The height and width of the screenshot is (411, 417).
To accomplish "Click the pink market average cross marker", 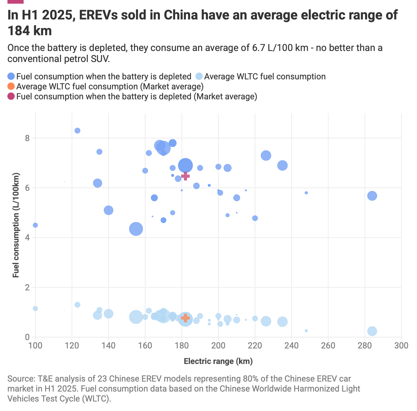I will coord(185,176).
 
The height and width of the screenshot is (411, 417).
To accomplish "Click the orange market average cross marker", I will coord(185,318).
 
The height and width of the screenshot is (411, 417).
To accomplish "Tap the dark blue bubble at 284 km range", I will coord(372,196).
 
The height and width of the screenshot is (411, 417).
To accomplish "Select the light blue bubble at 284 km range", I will coord(372,331).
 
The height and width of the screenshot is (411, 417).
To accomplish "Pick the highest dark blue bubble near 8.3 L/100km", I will coord(77,131).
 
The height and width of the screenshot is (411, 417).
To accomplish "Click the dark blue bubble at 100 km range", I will coord(35,225).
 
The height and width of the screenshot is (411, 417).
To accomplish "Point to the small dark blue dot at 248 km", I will coord(306,193).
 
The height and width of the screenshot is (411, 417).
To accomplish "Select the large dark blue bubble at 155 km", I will coord(136,229).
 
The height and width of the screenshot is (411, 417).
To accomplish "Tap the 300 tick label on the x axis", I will coord(401,345).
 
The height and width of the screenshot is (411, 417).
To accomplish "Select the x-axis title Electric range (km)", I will coord(218,361).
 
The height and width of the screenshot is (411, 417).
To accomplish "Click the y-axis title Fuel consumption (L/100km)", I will coord(16,225).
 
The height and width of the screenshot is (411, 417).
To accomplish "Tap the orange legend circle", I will coord(11,86).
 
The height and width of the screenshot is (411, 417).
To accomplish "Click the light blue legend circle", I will coord(199,76).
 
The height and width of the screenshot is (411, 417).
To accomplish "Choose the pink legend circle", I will coord(11,96).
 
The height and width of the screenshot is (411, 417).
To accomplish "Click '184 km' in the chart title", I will coord(30,31).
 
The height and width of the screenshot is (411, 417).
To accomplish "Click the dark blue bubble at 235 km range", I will coord(282,166).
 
